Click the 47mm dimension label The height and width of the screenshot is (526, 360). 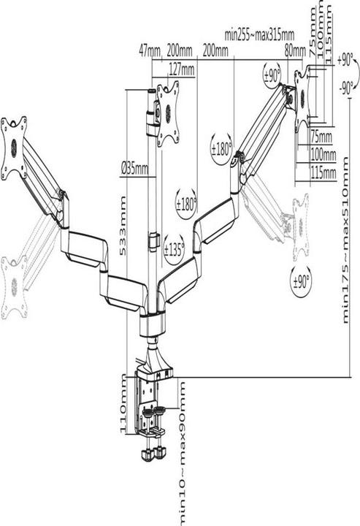[x=150, y=51]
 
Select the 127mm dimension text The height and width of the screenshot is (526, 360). [x=181, y=69]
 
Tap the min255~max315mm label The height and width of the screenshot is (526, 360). [x=259, y=34]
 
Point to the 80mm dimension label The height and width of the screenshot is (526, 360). [x=295, y=51]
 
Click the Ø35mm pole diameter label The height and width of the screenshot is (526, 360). [x=134, y=169]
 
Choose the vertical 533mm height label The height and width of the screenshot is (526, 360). [x=123, y=226]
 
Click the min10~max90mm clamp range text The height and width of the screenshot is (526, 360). [x=182, y=453]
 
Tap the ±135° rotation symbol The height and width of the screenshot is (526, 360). [x=174, y=250]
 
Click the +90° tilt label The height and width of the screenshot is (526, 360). [x=345, y=61]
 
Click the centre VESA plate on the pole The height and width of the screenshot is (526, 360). [x=168, y=113]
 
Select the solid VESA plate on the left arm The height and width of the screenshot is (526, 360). [x=14, y=148]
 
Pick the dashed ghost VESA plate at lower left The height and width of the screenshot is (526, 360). [x=14, y=287]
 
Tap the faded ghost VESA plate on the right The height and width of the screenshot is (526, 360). [x=300, y=226]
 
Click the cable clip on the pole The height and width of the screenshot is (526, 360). [x=154, y=241]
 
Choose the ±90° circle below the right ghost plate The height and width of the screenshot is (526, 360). [x=301, y=281]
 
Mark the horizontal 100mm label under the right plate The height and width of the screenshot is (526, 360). [x=323, y=155]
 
